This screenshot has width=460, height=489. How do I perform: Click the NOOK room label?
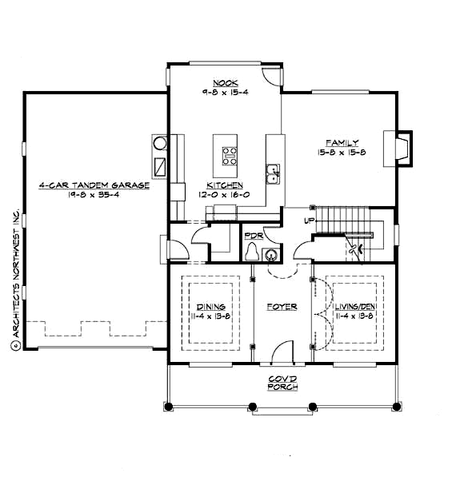point(222,83)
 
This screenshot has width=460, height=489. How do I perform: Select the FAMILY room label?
point(342,143)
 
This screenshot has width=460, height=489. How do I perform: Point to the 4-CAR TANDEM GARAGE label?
point(94,185)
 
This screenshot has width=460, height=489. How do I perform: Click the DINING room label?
point(210,307)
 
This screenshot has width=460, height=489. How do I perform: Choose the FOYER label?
point(282,307)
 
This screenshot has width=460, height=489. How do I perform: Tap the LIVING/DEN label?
point(351,307)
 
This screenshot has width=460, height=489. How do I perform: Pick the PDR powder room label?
point(254,236)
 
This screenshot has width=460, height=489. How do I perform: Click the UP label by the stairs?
point(309,220)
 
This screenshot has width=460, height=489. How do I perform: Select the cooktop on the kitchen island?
point(229,153)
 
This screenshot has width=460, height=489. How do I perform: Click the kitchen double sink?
point(273,172)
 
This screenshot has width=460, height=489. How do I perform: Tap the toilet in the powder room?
point(252,253)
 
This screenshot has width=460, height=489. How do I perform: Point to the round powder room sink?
point(270,255)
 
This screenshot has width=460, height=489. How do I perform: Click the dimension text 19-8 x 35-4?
point(94,195)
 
